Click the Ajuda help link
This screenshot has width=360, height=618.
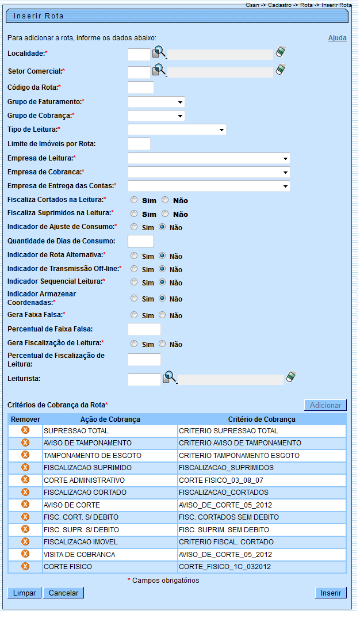(337, 38)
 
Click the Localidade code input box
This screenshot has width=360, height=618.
(139, 55)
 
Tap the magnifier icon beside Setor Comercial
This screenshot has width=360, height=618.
(159, 71)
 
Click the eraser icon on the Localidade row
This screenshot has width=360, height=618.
(281, 52)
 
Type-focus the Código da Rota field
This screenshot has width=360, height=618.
(140, 87)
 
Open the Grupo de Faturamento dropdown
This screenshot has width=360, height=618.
(156, 102)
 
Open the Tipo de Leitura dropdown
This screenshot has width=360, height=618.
(177, 130)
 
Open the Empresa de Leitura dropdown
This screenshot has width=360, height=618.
(209, 158)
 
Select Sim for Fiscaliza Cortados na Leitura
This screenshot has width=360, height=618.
(134, 200)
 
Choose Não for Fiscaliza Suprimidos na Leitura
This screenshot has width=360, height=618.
(165, 214)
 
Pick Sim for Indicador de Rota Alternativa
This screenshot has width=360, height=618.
(134, 255)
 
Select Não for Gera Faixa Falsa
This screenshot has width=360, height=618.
(163, 315)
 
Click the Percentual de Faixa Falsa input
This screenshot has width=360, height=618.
(144, 329)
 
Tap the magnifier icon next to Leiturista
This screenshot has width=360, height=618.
(169, 377)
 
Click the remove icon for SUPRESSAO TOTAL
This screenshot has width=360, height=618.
(25, 430)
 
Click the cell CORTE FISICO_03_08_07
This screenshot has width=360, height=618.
(262, 480)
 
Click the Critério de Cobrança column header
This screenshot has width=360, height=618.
(262, 419)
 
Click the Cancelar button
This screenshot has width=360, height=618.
(63, 593)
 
